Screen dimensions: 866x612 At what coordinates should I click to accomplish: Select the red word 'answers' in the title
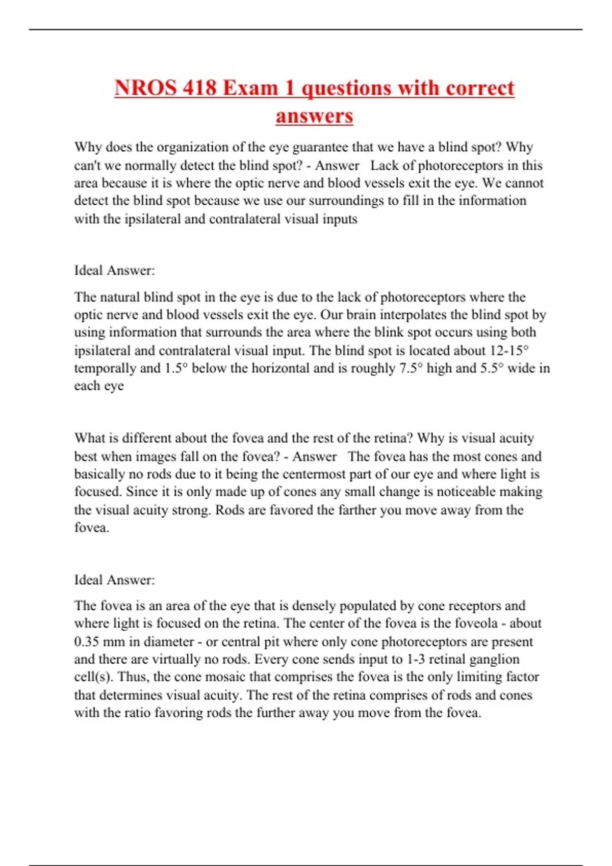[x=314, y=116]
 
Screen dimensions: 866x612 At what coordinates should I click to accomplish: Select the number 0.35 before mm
[x=86, y=641]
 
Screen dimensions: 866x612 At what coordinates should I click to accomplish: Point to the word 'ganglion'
[x=494, y=659]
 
